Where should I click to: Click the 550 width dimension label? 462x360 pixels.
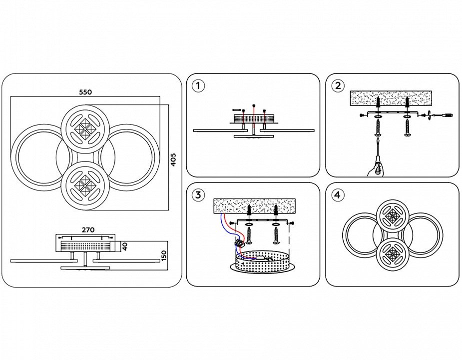coord(85,92)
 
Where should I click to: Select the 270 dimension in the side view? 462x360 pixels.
coord(88,230)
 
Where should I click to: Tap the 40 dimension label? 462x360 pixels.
coord(125,246)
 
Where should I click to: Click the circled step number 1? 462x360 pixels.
coord(198,86)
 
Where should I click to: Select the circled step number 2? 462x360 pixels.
coord(338,86)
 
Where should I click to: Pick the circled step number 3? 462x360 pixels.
coord(198,195)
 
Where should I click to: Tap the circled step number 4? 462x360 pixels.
coord(338,195)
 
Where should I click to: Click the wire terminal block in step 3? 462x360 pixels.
coord(239,243)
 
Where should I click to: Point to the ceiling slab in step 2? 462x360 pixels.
coord(391,98)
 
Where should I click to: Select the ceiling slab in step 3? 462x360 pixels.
coord(254,205)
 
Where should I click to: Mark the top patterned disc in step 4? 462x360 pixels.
coord(393,216)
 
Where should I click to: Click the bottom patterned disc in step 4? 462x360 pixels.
coord(393,253)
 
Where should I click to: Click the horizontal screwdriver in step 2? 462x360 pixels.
coord(442,116)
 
